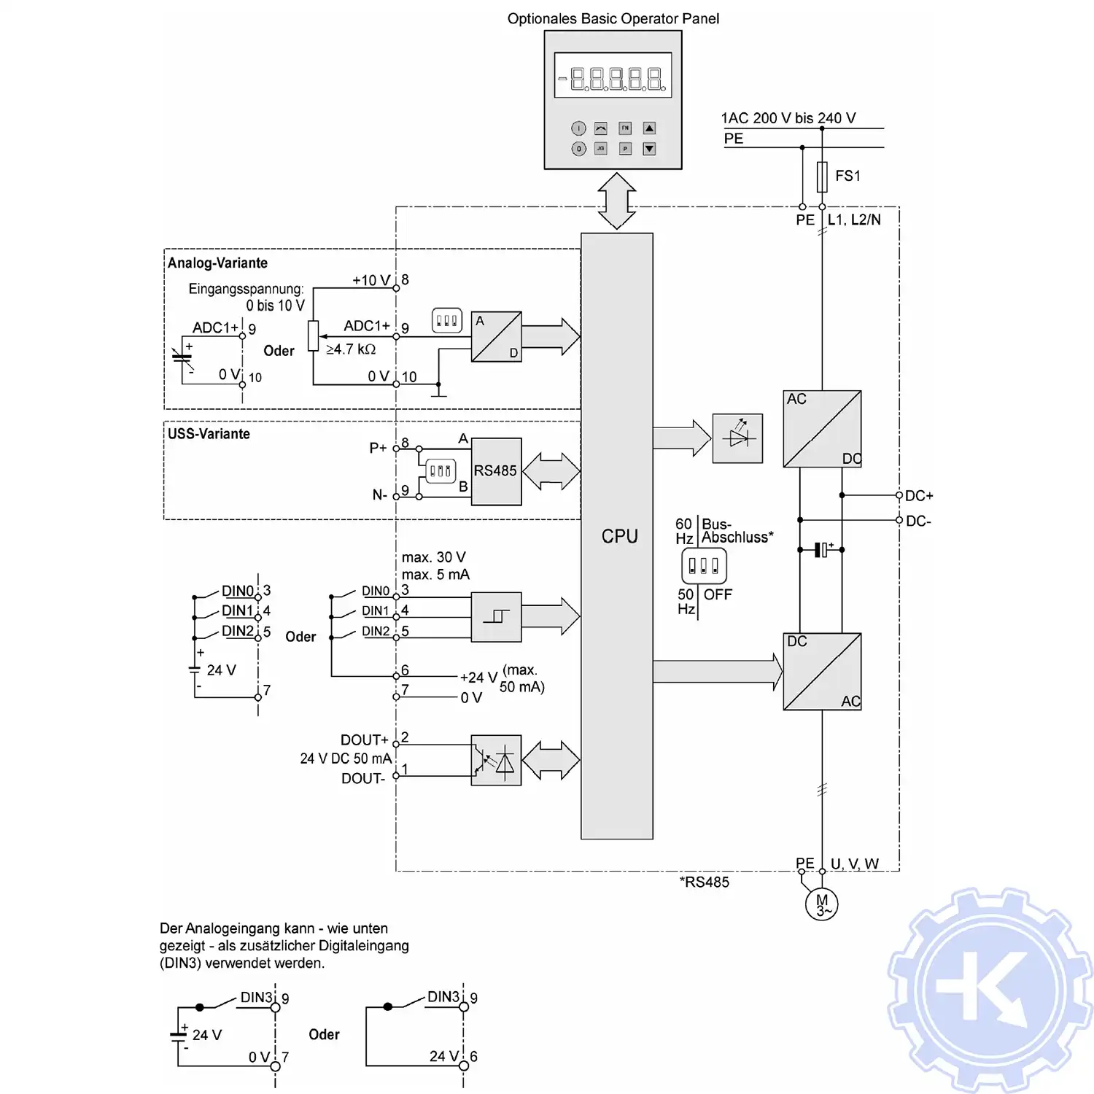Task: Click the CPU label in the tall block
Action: [619, 536]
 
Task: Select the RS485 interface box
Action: [496, 471]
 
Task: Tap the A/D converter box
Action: [496, 336]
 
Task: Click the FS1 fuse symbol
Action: [822, 176]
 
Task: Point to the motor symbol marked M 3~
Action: [822, 904]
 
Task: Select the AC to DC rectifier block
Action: [822, 429]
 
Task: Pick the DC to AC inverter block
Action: [822, 671]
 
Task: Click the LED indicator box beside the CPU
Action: [737, 438]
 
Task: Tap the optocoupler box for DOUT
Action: [496, 760]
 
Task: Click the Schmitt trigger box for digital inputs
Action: [496, 617]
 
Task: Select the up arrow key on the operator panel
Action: [649, 128]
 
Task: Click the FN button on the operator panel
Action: [625, 128]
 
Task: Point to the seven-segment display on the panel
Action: [613, 76]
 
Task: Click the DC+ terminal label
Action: [919, 496]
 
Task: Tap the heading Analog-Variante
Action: [217, 263]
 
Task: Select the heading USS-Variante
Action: [209, 434]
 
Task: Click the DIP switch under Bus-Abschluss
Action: [704, 566]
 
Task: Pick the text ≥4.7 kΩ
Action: [351, 349]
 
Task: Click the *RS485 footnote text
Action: [704, 882]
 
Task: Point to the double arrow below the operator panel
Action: [616, 201]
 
